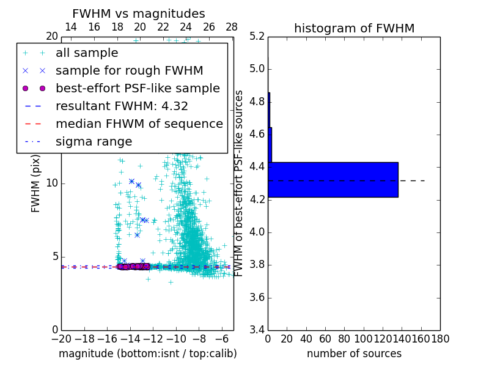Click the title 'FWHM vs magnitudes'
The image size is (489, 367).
tap(139, 14)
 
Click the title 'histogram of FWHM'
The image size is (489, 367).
tap(354, 28)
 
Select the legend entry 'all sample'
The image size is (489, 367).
tap(87, 53)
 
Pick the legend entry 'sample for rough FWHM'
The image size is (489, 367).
tap(129, 70)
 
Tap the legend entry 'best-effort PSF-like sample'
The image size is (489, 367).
tap(138, 88)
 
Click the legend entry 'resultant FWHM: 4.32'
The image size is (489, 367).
tap(122, 106)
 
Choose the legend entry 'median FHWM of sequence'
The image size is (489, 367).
tap(139, 124)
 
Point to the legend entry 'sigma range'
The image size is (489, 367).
tap(94, 141)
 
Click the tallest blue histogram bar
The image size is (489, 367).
tap(333, 179)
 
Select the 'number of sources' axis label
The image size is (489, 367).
tap(354, 354)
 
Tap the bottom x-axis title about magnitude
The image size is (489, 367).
tap(147, 354)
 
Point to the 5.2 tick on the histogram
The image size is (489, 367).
tap(257, 36)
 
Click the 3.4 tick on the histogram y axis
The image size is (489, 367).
tap(257, 330)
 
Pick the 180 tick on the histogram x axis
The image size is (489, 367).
tap(439, 338)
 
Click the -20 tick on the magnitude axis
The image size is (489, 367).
tap(61, 338)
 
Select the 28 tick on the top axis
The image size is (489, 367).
tap(232, 28)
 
